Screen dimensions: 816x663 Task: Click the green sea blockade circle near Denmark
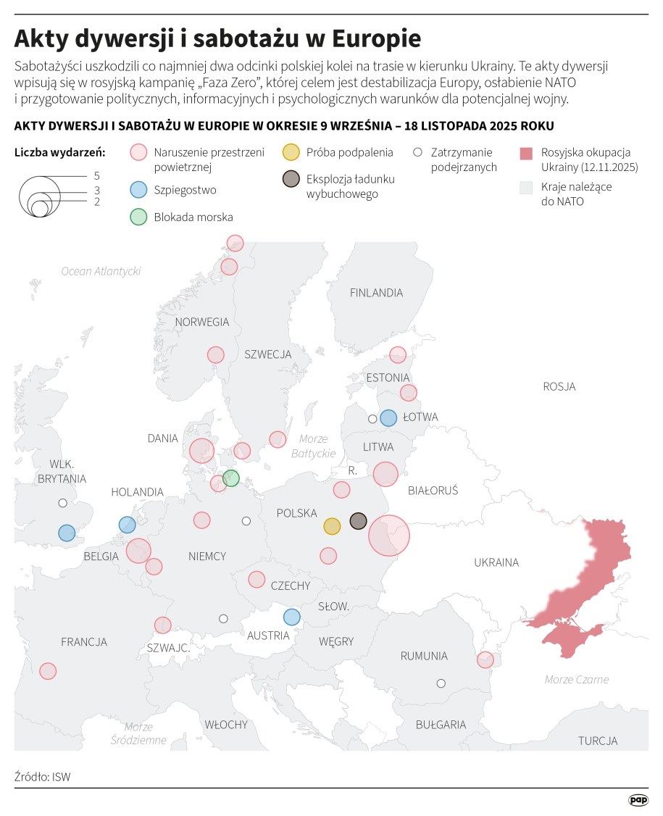231,478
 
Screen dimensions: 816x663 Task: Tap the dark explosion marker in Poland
358,521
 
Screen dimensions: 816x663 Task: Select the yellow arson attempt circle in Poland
332,526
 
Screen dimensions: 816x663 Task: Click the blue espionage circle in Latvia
388,417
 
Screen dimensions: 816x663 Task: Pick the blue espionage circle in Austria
291,617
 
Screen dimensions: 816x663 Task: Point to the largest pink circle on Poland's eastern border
388,536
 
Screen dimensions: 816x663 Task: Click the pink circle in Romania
485,659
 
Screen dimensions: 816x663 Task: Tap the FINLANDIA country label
376,293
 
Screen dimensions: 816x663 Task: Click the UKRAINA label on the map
496,562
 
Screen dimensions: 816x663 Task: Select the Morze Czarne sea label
576,680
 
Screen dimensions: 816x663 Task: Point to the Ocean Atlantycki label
101,271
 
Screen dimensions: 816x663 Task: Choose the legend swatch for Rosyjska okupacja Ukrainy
527,153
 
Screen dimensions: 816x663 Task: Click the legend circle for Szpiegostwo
138,190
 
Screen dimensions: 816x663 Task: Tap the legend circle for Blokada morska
138,216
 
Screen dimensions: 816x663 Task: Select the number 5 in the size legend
96,176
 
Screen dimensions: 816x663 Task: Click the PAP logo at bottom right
638,800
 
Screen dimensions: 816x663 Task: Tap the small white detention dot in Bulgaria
441,683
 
